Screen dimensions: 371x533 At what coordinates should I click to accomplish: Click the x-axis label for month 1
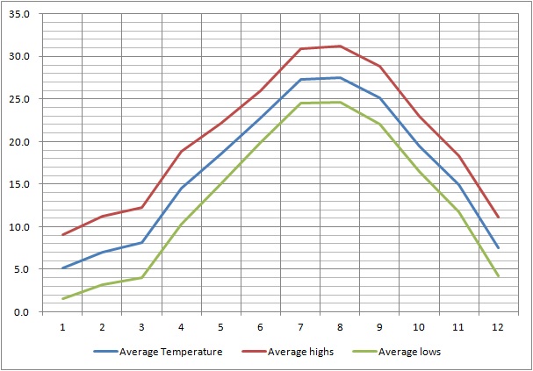(62, 327)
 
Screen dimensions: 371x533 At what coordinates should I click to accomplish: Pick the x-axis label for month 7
(300, 327)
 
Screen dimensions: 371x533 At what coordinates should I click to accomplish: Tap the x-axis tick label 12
(498, 327)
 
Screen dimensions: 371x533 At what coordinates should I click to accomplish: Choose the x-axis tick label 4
(181, 327)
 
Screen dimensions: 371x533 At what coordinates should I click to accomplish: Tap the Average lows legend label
(409, 352)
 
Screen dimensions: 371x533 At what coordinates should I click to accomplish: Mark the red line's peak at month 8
(340, 46)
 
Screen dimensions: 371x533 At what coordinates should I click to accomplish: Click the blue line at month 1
(62, 268)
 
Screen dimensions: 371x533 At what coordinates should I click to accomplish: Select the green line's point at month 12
(498, 277)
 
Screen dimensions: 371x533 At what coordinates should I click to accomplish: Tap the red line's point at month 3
(141, 207)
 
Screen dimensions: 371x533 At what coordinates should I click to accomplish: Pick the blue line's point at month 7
(300, 80)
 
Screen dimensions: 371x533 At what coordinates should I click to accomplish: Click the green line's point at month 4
(181, 225)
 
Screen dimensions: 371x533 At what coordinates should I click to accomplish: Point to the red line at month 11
(458, 155)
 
